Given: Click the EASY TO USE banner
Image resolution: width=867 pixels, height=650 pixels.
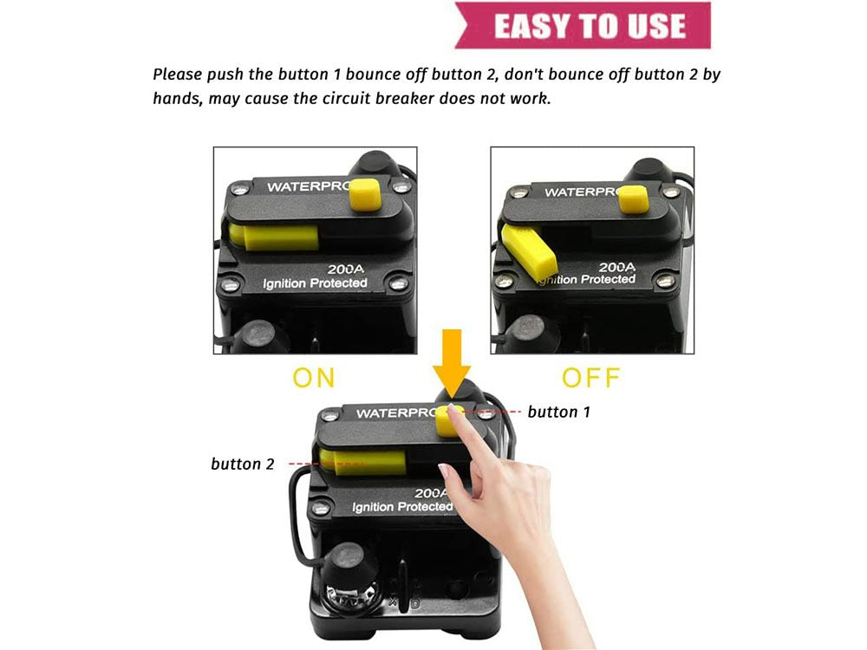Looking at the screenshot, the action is pyautogui.click(x=583, y=25).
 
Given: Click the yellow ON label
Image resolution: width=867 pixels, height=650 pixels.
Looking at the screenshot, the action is pyautogui.click(x=314, y=378).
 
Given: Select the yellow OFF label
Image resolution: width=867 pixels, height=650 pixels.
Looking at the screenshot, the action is pyautogui.click(x=591, y=378).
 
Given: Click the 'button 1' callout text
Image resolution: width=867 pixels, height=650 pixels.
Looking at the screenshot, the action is pyautogui.click(x=559, y=412).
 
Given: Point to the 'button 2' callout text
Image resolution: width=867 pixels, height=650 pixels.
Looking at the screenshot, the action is pyautogui.click(x=242, y=464).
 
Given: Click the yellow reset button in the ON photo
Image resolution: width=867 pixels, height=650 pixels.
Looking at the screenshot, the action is pyautogui.click(x=366, y=194).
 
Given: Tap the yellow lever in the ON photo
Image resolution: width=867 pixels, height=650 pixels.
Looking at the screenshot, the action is pyautogui.click(x=274, y=237).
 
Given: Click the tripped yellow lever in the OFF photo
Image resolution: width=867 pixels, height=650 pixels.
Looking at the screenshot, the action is pyautogui.click(x=529, y=251).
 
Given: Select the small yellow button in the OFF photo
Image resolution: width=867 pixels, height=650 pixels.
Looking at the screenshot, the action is pyautogui.click(x=633, y=199).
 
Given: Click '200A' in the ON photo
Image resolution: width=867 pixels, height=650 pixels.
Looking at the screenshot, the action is pyautogui.click(x=346, y=270).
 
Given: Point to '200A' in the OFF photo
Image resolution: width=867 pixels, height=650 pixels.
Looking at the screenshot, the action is pyautogui.click(x=617, y=268).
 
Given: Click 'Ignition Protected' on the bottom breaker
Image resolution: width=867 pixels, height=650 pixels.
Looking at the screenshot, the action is pyautogui.click(x=402, y=507).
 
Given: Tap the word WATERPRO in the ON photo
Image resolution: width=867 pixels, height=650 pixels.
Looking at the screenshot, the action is pyautogui.click(x=309, y=187).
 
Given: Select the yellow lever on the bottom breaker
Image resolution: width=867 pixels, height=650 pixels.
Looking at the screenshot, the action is pyautogui.click(x=363, y=462).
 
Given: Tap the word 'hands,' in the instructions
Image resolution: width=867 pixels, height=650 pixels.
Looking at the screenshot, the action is pyautogui.click(x=177, y=99).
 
